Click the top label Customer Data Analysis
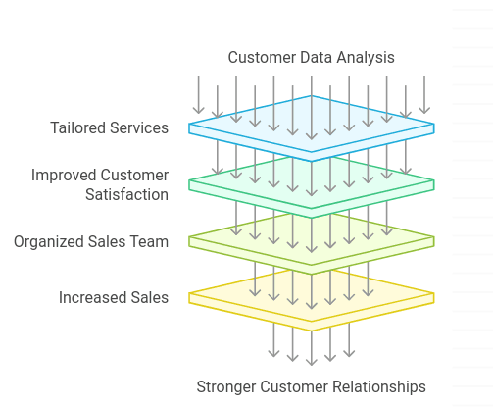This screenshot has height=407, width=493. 311,57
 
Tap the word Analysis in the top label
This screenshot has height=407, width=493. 365,57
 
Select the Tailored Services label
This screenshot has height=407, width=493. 110,127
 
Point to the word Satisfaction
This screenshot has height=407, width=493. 126,194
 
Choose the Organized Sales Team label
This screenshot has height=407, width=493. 91,241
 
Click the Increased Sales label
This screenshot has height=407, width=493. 114,297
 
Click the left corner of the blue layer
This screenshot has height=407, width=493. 190,127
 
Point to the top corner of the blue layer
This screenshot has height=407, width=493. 312,96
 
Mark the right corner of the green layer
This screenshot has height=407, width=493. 433,181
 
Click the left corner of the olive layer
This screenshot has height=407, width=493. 190,238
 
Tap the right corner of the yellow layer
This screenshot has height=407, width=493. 433,293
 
